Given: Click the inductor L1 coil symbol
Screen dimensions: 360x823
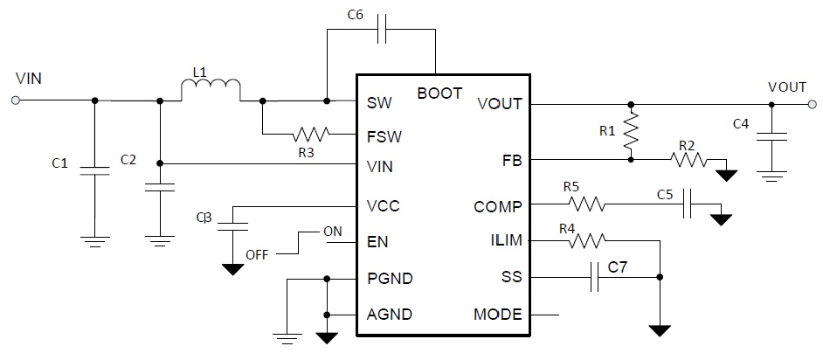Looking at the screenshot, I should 211,90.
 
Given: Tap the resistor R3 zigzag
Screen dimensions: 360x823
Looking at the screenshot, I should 312,135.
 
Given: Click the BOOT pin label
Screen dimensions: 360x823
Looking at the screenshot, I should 439,93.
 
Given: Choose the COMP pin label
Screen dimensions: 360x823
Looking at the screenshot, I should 498,207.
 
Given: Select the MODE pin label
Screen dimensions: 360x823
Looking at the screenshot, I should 498,314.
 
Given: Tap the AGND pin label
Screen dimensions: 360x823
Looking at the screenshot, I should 391,314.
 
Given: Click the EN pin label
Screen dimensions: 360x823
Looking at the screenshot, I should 378,242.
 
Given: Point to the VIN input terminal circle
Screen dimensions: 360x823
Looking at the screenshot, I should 16,100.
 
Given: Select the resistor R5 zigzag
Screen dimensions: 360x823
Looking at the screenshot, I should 587,205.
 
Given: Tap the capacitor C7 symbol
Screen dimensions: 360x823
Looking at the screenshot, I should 596,277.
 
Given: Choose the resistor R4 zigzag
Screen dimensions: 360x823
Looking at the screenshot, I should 586,240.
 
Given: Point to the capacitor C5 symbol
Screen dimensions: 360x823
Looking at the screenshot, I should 688,204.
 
